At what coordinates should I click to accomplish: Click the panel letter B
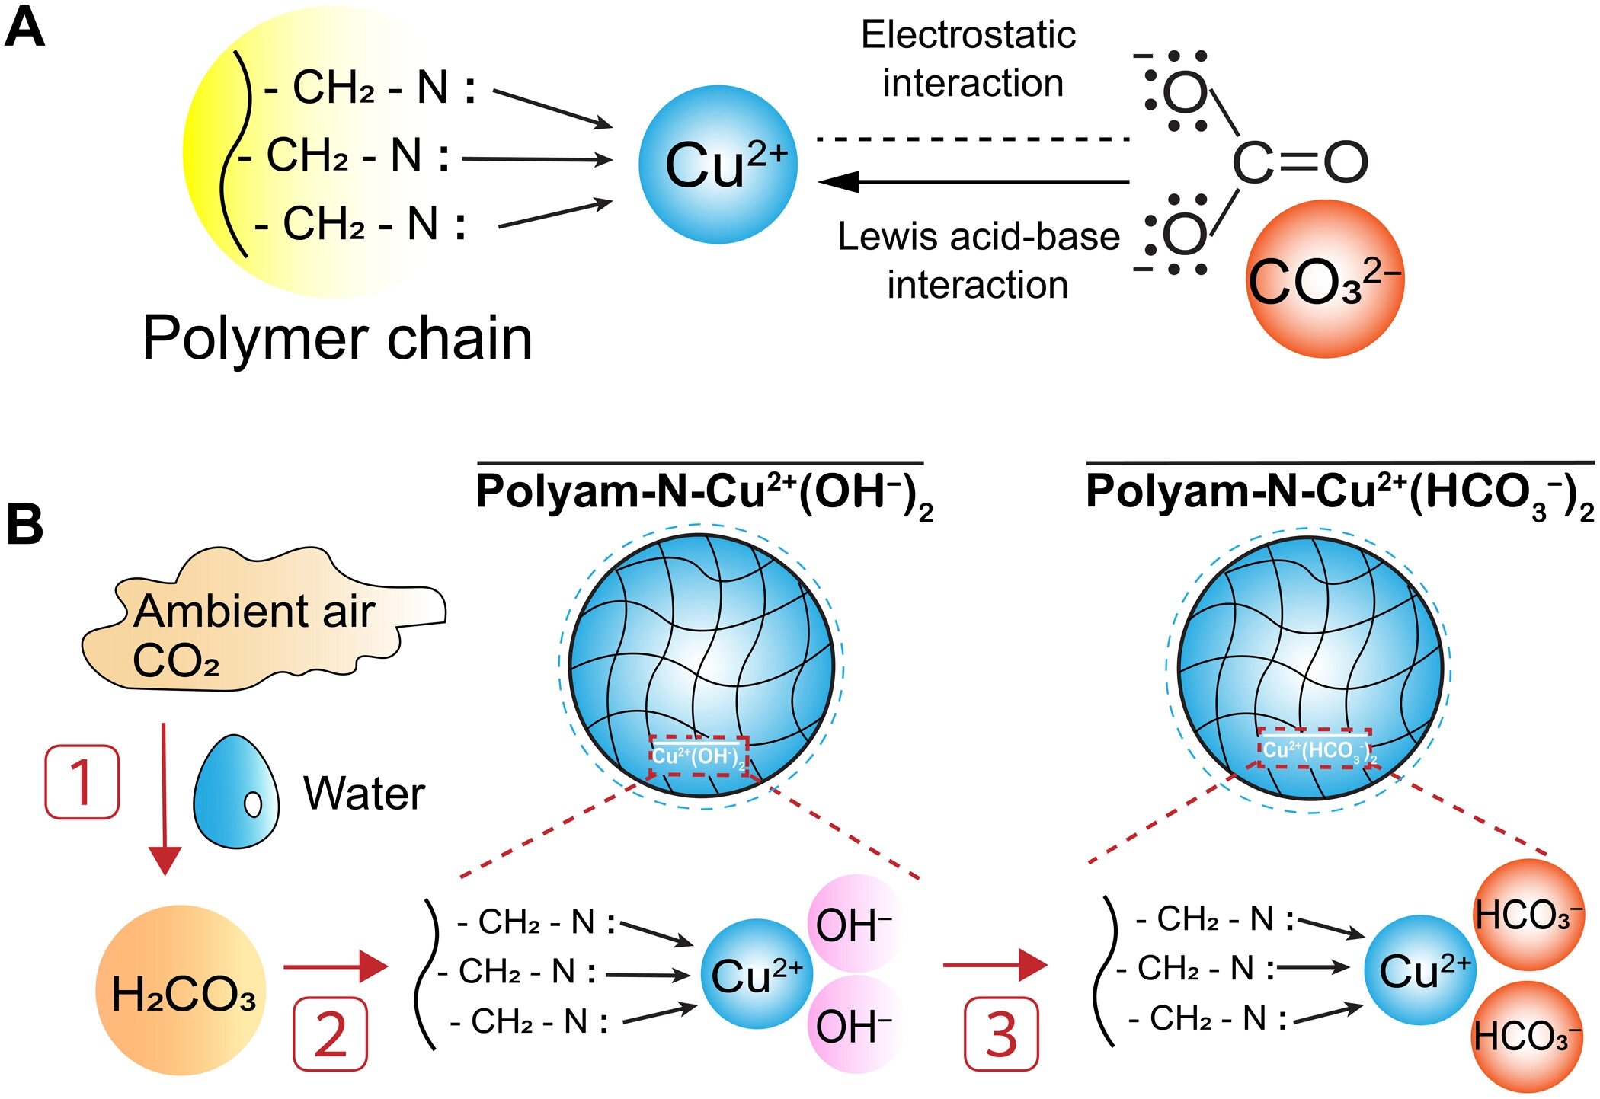pyautogui.click(x=24, y=526)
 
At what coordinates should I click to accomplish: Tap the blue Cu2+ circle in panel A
pyautogui.click(x=718, y=165)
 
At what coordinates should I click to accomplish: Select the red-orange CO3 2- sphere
pyautogui.click(x=1324, y=279)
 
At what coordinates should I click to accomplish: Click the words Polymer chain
pyautogui.click(x=337, y=338)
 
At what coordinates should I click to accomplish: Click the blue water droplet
pyautogui.click(x=235, y=792)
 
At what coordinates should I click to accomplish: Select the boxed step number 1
pyautogui.click(x=82, y=782)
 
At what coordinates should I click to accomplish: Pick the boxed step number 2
pyautogui.click(x=331, y=1034)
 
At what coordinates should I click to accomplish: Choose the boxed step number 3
pyautogui.click(x=1001, y=1034)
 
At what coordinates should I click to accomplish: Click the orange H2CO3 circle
pyautogui.click(x=181, y=990)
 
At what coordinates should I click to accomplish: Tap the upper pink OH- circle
pyautogui.click(x=855, y=923)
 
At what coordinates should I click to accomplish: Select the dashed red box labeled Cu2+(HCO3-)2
pyautogui.click(x=1314, y=749)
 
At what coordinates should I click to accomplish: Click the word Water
pyautogui.click(x=364, y=794)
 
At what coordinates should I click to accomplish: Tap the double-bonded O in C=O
pyautogui.click(x=1346, y=161)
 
